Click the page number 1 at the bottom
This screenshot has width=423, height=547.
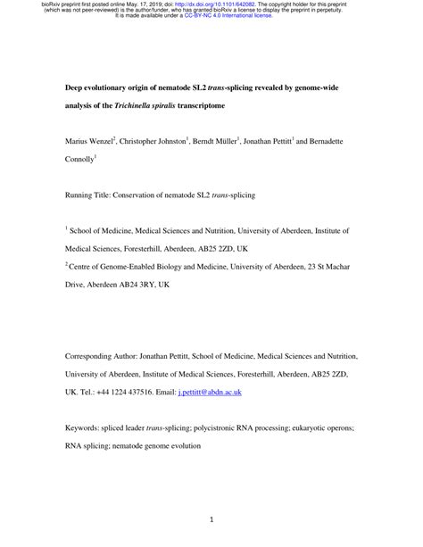(211, 518)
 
